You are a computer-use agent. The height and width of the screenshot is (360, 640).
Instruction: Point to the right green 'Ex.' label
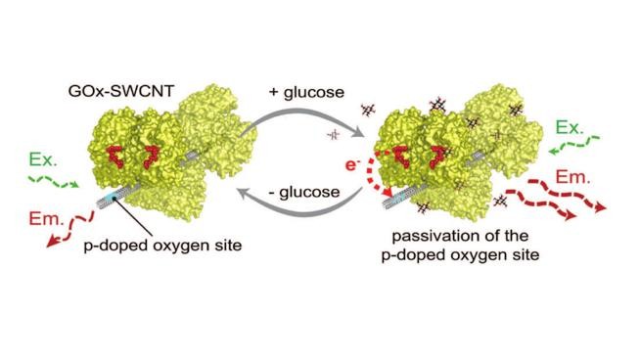point(570,127)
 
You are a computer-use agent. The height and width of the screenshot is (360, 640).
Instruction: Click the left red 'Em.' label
point(38,219)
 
